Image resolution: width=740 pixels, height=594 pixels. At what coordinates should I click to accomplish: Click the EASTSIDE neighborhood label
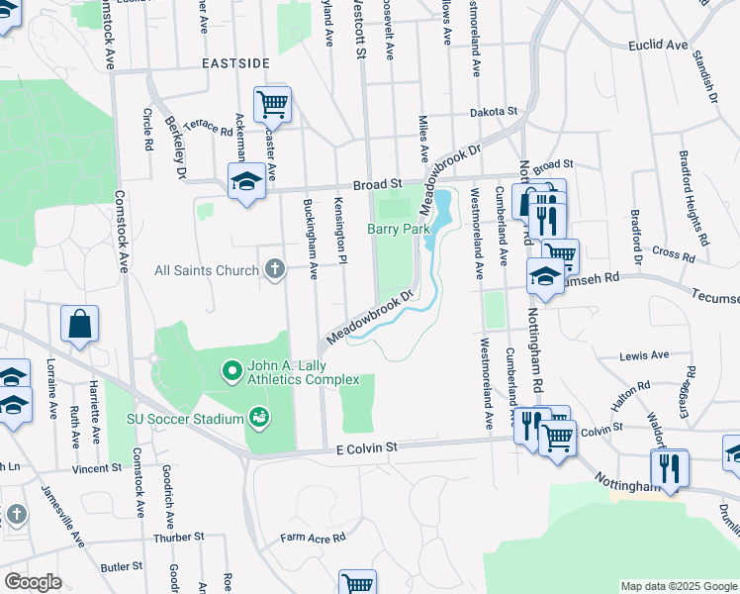coord(235,63)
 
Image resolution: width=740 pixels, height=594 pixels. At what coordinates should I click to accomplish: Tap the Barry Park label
coord(399,229)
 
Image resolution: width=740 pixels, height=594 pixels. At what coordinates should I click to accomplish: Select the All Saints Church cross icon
coord(275,269)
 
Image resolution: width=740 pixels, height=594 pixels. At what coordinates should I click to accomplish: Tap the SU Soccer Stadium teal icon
coord(259,419)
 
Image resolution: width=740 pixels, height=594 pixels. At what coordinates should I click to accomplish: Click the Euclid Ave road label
coord(658,46)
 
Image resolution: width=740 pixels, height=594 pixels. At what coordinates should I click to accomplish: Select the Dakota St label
coord(494,113)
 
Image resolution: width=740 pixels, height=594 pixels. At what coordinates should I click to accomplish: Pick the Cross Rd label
coord(674,253)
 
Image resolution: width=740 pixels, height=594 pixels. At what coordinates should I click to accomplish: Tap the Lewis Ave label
coord(644,355)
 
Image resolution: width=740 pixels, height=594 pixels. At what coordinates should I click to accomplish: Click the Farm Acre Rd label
coord(313,538)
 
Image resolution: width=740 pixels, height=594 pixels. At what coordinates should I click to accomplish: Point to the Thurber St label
coord(178,537)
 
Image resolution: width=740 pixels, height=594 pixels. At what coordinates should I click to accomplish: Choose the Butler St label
coord(122,567)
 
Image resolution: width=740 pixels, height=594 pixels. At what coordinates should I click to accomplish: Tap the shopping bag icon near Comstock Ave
coord(79,325)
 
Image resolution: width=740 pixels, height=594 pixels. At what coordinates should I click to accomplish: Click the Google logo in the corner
coord(33,582)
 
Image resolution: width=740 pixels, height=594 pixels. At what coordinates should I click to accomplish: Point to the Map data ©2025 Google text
coord(678,586)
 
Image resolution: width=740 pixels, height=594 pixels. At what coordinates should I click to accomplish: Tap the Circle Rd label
coord(148,129)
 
